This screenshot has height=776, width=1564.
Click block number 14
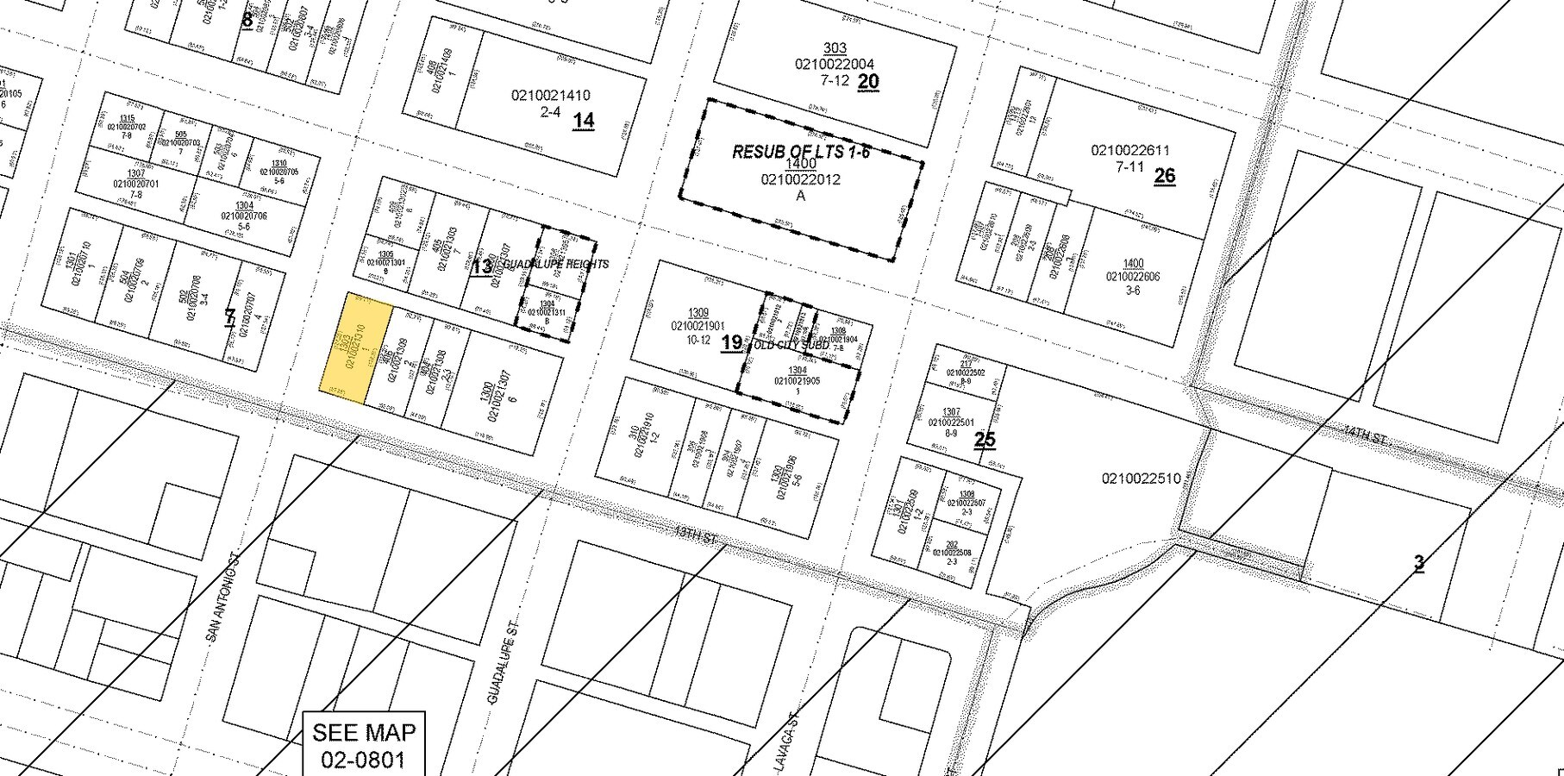click(584, 121)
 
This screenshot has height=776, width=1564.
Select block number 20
click(868, 81)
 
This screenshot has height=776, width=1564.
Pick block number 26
click(1164, 176)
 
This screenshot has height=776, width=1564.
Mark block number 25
click(985, 439)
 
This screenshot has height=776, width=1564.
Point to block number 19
click(731, 342)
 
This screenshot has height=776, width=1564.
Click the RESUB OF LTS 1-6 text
click(801, 152)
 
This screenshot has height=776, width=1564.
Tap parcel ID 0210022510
click(1141, 479)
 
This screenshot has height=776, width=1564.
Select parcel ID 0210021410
click(550, 96)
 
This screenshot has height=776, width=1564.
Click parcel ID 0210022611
click(1129, 151)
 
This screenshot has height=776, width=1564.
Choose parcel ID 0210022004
click(835, 64)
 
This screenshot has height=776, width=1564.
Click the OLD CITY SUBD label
click(791, 345)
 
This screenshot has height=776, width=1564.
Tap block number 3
click(1418, 563)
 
